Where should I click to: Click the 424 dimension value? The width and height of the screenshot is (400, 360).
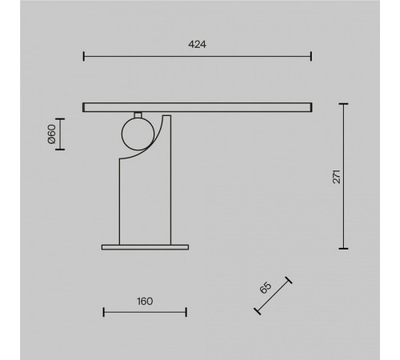tap(198, 45)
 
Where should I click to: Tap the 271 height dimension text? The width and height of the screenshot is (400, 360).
tap(337, 176)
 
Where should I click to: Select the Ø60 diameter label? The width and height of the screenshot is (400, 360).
tap(50, 134)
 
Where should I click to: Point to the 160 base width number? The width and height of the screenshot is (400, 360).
tap(144, 302)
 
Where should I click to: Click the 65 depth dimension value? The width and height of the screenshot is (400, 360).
tap(265, 289)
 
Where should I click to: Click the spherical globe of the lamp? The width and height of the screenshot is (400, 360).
tap(137, 134)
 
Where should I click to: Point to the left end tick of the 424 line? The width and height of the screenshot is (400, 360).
tap(84, 56)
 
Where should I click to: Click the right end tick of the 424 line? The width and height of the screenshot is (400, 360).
tap(311, 56)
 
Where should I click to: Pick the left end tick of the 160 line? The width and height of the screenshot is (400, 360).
tap(103, 312)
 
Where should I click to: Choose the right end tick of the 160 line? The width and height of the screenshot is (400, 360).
tap(186, 312)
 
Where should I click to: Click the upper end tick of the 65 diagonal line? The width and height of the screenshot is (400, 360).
tap(289, 280)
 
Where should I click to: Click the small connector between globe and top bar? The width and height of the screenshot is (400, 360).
tap(137, 113)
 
